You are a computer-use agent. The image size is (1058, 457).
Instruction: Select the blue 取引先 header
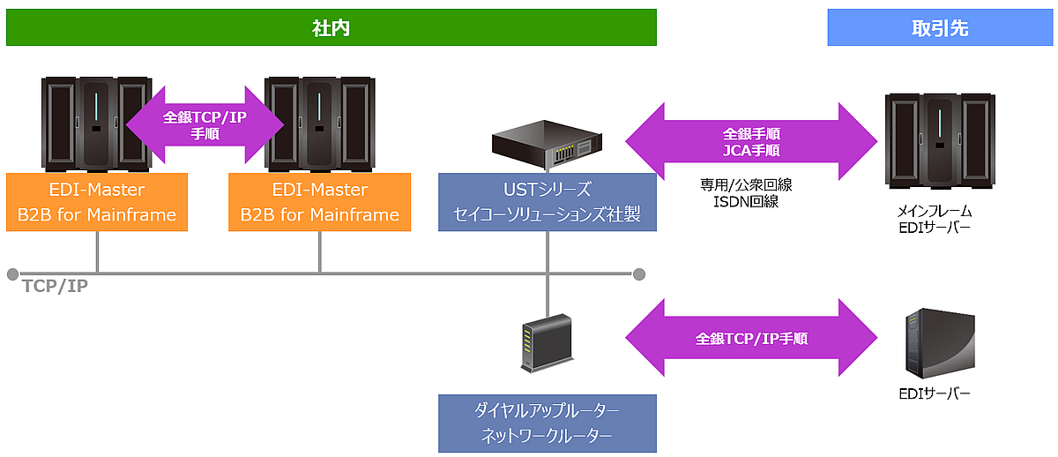[x=940, y=27]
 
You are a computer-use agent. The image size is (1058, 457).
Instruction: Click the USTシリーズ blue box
[x=547, y=201]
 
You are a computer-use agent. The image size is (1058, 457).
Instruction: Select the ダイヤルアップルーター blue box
[x=547, y=423]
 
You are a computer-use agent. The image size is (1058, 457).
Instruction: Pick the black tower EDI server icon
[x=940, y=344]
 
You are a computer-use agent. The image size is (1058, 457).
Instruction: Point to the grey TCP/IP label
[x=56, y=286]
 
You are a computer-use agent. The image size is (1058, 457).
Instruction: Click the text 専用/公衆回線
[x=750, y=186]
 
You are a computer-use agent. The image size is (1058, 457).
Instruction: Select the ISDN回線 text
[x=750, y=203]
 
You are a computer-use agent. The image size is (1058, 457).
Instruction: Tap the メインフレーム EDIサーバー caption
[x=940, y=221]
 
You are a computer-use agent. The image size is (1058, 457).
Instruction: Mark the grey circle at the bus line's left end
[x=12, y=273]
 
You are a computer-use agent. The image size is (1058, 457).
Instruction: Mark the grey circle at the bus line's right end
[x=639, y=273]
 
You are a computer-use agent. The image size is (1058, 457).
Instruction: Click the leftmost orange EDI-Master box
[x=97, y=201]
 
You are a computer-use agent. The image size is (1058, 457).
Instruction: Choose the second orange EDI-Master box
[x=319, y=201]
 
